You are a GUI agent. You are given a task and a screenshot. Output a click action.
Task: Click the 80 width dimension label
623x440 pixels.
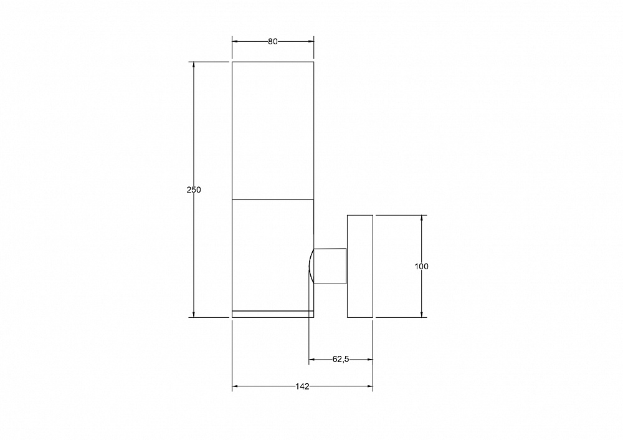(x=273, y=41)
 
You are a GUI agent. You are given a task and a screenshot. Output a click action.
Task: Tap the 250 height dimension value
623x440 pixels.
(x=194, y=189)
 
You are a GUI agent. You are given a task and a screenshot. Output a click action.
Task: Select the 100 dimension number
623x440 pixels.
(x=422, y=266)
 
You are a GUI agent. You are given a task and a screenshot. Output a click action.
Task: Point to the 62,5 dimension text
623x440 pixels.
(x=341, y=360)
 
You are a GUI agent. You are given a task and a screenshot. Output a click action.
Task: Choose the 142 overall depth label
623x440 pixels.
(x=302, y=386)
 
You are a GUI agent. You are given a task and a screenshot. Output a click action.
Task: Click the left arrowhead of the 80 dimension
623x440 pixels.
(x=235, y=41)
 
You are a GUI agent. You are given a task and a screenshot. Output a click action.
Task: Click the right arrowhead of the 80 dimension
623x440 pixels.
(x=311, y=41)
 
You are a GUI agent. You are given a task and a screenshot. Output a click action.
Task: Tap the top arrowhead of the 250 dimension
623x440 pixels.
(x=194, y=65)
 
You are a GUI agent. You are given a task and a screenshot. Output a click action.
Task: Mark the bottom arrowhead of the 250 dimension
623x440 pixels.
(x=194, y=314)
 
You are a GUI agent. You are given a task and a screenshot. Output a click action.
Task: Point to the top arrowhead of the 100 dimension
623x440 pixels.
(x=422, y=218)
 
